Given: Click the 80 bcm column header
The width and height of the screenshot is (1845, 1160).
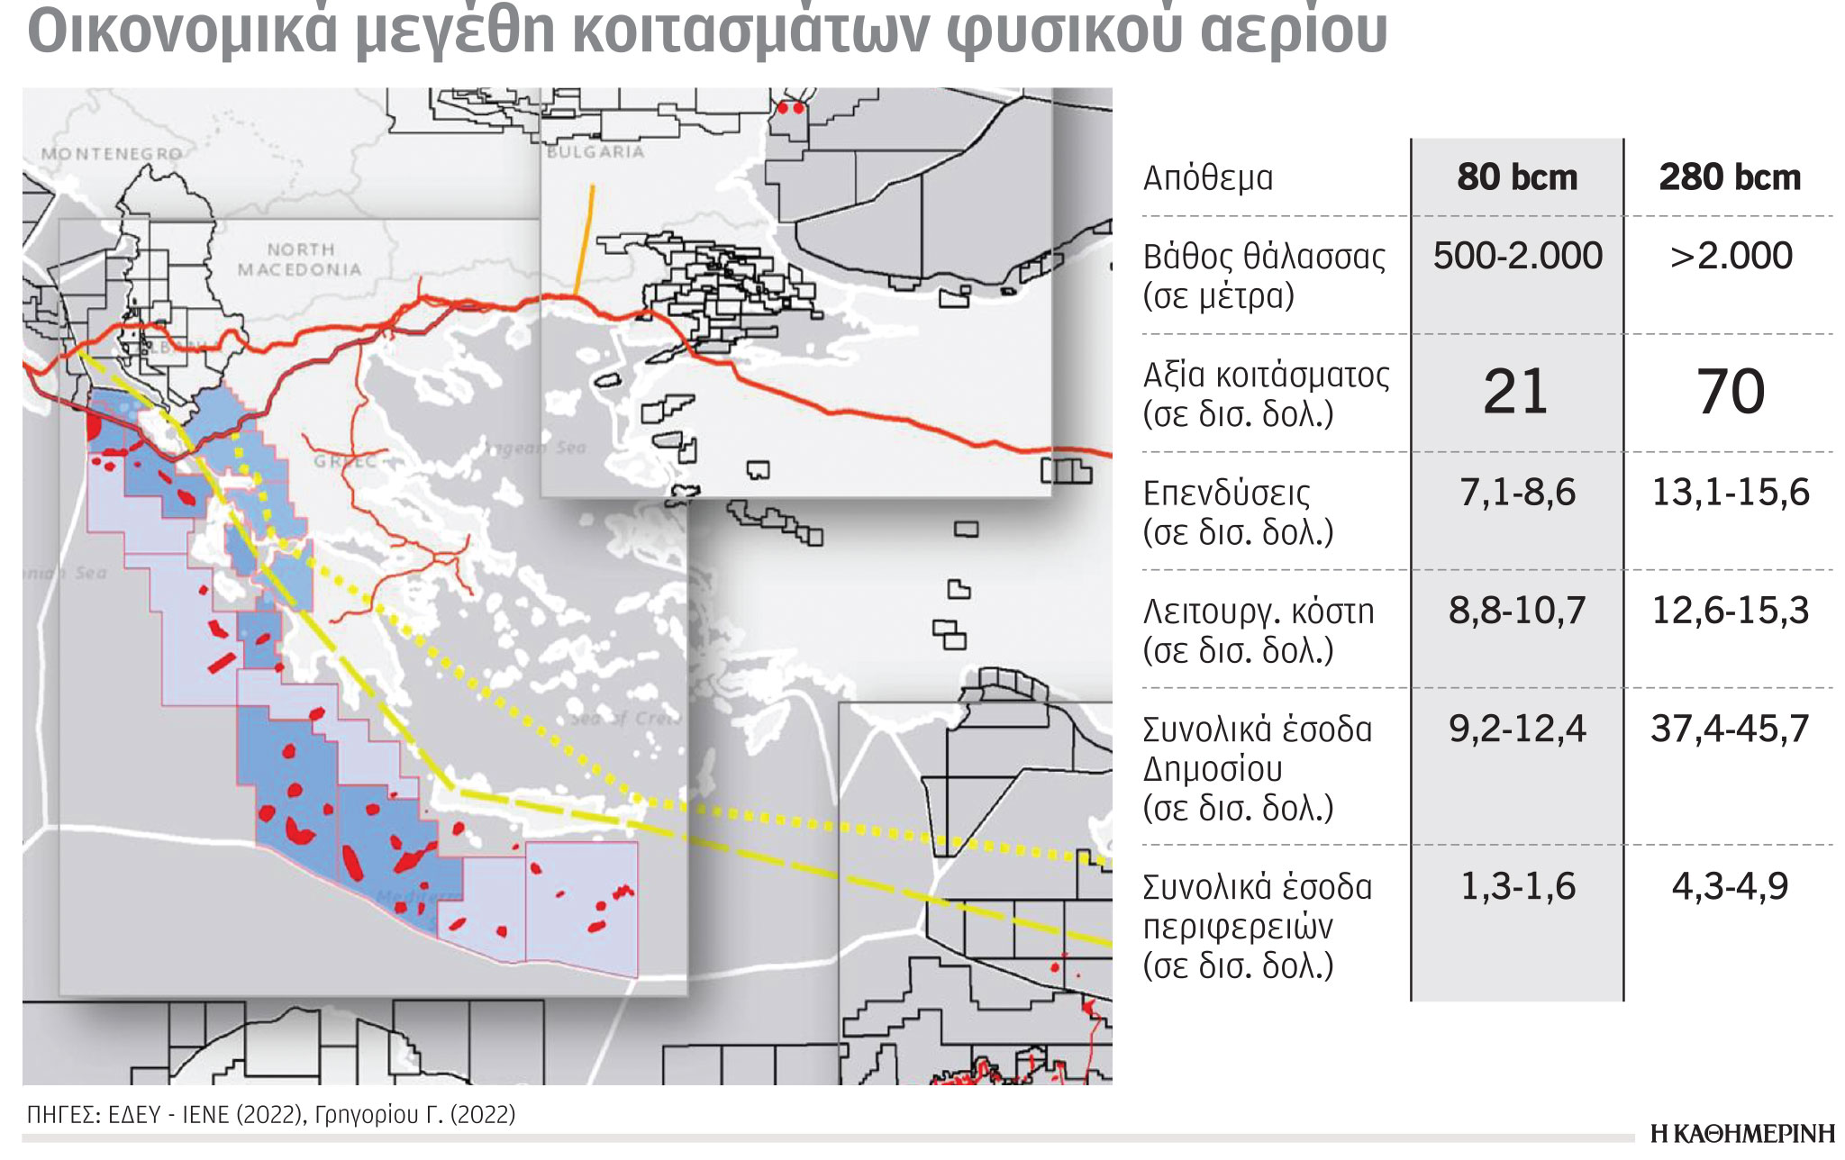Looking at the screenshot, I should point(1517,177).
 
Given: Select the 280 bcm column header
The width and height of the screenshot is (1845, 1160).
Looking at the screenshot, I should point(1730,177).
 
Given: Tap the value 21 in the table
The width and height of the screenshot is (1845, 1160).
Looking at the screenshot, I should point(1515,392).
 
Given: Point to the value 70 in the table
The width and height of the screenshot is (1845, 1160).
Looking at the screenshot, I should point(1730,392).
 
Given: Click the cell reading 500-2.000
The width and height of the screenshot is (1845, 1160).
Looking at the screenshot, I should point(1517,256).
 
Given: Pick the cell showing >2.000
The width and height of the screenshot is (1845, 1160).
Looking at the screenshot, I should point(1730,256).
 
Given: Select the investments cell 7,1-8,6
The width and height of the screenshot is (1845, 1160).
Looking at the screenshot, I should point(1517,493).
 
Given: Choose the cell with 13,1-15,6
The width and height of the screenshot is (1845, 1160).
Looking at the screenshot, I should point(1730,493).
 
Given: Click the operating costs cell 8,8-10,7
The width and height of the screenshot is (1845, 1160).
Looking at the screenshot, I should point(1517,611).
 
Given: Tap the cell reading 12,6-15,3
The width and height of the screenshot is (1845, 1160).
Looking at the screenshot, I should point(1730,611).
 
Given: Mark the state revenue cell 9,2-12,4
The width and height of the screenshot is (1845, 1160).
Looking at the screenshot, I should point(1517,729).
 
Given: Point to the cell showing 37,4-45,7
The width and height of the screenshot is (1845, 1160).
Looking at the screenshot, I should point(1730,729).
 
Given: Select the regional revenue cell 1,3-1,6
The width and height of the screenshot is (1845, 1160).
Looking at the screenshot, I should point(1517,886).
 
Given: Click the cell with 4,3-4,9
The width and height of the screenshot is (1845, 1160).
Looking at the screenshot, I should point(1730,886).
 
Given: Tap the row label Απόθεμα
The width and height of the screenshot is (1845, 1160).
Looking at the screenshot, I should point(1208,178).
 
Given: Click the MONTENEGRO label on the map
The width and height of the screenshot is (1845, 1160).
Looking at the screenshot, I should point(112,154).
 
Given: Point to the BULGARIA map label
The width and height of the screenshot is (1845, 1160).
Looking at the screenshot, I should point(595,152).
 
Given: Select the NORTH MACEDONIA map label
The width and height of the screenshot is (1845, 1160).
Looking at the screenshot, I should point(300,259).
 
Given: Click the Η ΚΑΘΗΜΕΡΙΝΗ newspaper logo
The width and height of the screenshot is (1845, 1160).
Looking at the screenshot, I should point(1742,1134).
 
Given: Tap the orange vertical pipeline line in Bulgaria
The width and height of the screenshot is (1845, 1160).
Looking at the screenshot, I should point(585,239).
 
